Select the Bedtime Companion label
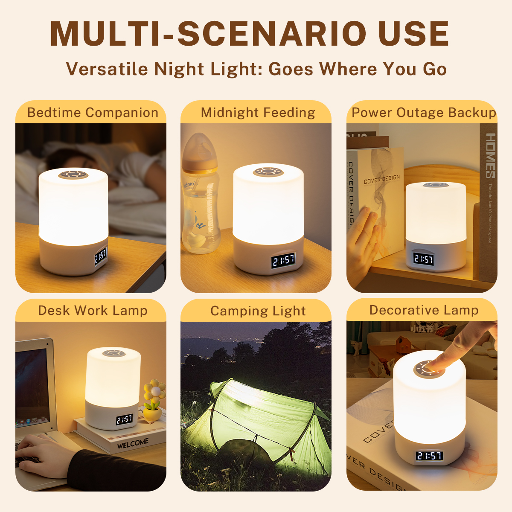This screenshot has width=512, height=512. click(x=93, y=113)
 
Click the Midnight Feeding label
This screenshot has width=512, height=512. click(x=258, y=113)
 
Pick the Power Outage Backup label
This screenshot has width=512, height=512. click(x=423, y=113)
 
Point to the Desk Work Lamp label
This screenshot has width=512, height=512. click(x=93, y=311)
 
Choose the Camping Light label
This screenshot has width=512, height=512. click(x=258, y=311)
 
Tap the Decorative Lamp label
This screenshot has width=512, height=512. click(x=424, y=310)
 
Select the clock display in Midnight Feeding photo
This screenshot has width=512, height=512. click(x=283, y=260)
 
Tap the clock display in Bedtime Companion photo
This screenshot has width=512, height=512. click(x=101, y=256)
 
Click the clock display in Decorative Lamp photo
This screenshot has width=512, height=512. click(x=429, y=456)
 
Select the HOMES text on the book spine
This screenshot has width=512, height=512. click(x=491, y=156)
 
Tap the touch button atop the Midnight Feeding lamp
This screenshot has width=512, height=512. click(x=268, y=172)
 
